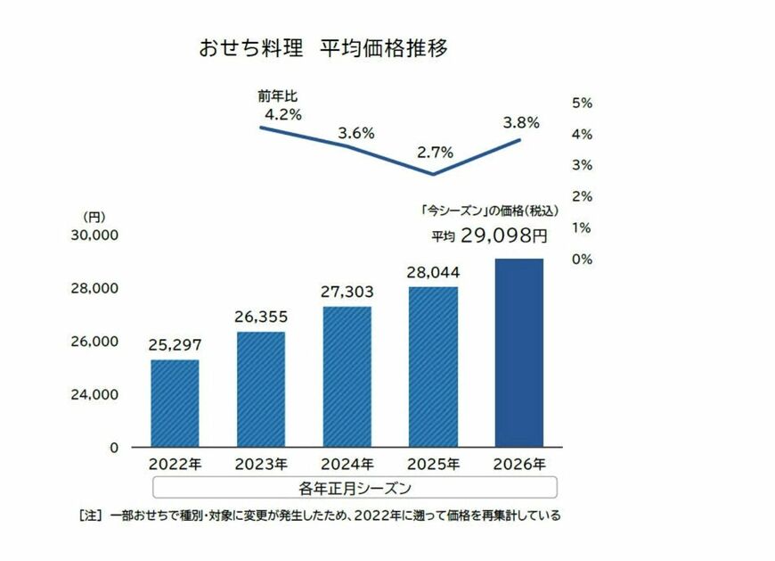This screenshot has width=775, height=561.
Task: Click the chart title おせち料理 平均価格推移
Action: (x=323, y=48)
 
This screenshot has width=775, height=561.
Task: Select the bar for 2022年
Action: (x=175, y=402)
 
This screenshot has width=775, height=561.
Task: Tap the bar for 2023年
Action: (x=261, y=389)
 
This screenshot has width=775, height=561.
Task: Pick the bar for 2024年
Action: (x=347, y=376)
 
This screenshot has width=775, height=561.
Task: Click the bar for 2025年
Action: (x=433, y=367)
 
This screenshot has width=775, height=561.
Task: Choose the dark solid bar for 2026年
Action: (x=518, y=352)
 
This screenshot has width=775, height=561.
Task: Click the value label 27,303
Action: (x=347, y=292)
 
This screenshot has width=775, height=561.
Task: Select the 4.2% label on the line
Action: (x=283, y=114)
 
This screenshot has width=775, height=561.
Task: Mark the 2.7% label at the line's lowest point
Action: (x=436, y=153)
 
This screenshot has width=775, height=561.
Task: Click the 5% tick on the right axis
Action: (x=582, y=103)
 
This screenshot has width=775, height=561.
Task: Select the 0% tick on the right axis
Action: (x=582, y=259)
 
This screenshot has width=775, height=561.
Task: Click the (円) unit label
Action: (x=94, y=217)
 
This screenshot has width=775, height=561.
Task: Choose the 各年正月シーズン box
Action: (x=355, y=488)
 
